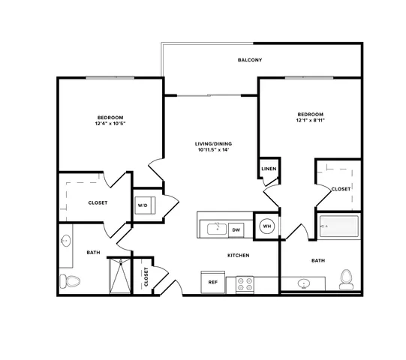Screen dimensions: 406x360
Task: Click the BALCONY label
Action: pos(250,60)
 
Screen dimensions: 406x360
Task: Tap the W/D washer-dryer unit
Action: pos(145,205)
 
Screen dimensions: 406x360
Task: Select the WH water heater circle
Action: pos(267,226)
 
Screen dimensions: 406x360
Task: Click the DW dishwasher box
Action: pos(236,229)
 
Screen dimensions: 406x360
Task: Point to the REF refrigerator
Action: pos(213,282)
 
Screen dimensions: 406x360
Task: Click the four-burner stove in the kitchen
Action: pos(245,284)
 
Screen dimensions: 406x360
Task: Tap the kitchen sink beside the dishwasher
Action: pos(217,229)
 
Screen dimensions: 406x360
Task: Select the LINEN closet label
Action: pos(269,169)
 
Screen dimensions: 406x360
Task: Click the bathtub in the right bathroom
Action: pos(339,226)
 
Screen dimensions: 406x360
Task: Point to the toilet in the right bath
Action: pos(347,280)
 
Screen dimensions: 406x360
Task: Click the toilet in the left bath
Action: pos(70,281)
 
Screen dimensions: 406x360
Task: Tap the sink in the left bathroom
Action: pos(66,241)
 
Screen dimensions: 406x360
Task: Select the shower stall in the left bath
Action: pos(120,276)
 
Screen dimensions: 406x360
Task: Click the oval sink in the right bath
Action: pos(303,283)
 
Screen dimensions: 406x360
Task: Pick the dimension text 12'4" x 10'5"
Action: pos(110,124)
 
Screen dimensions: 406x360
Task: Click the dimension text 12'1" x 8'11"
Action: pos(311,120)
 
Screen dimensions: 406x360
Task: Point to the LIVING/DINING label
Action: pos(213,144)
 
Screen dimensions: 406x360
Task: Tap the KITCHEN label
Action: pos(239,256)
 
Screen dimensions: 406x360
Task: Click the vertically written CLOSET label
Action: pos(146,277)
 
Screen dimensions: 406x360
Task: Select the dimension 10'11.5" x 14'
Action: pos(213,149)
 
